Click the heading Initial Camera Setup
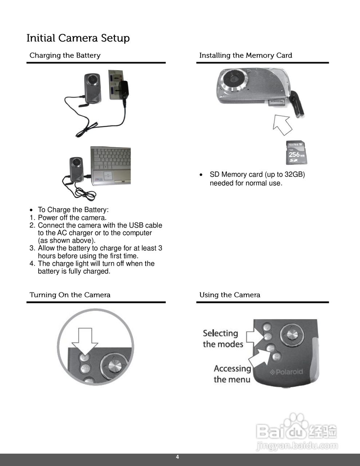click(x=78, y=38)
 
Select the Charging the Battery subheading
click(x=65, y=55)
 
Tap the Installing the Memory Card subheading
click(x=245, y=55)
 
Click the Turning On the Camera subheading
click(x=70, y=295)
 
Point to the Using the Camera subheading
click(x=230, y=295)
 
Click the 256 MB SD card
click(x=296, y=153)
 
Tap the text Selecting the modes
click(x=222, y=339)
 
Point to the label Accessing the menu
click(x=232, y=374)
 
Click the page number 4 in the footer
click(x=178, y=457)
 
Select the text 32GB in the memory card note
click(x=295, y=174)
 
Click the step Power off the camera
click(x=72, y=218)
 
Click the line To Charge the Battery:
click(x=73, y=210)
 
